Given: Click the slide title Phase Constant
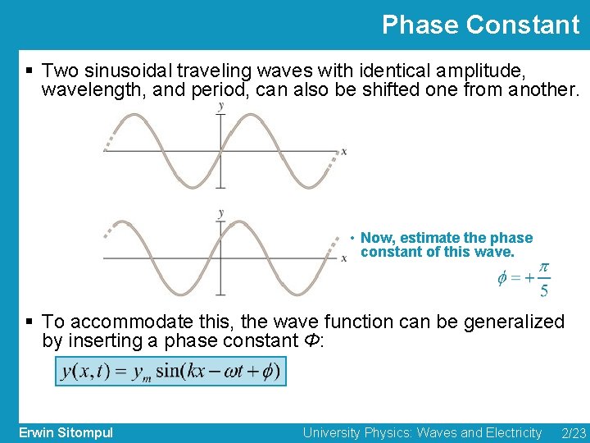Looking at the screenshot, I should [x=480, y=25].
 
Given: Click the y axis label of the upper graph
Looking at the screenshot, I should [x=220, y=106].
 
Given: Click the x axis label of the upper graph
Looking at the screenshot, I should [x=343, y=151].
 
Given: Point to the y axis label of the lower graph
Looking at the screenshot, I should [x=220, y=213].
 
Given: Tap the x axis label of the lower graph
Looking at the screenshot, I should [x=343, y=258].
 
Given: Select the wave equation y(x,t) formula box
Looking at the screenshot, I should [x=170, y=372].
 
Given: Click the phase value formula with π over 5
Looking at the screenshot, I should [x=524, y=280].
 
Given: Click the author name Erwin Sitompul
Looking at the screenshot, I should [x=66, y=432].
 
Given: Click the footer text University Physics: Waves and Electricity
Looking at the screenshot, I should [x=422, y=432].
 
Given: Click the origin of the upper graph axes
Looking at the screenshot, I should [x=220, y=152].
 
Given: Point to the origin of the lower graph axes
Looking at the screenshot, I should [x=220, y=258].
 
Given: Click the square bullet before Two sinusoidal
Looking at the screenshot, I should [x=29, y=71].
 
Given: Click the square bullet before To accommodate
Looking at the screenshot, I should [x=29, y=322].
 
